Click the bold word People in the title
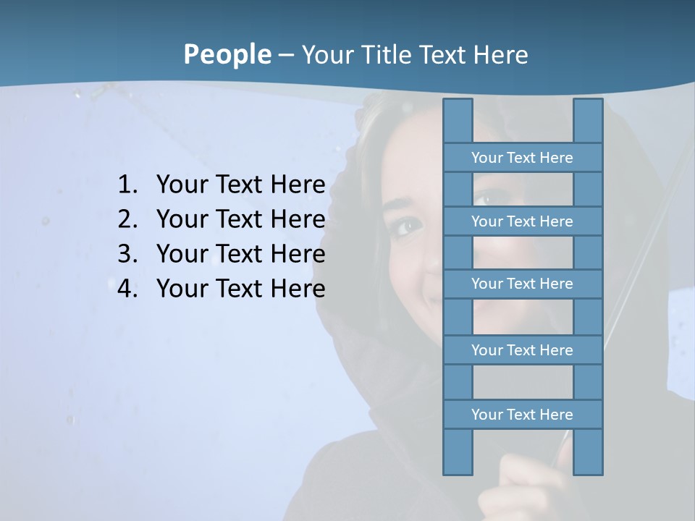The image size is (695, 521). (227, 54)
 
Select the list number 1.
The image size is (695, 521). (127, 185)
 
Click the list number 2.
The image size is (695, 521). (127, 219)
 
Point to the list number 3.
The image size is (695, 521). (127, 254)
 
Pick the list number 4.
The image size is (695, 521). (127, 289)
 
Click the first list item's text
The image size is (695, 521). (240, 185)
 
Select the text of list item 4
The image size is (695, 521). (240, 289)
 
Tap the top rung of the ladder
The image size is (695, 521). (522, 157)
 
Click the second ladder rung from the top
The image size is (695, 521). (522, 221)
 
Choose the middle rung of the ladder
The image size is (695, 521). (522, 284)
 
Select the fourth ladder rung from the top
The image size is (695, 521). (522, 350)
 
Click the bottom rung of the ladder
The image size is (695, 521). (522, 414)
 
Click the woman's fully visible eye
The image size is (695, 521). (408, 226)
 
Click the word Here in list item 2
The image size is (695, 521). (297, 219)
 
